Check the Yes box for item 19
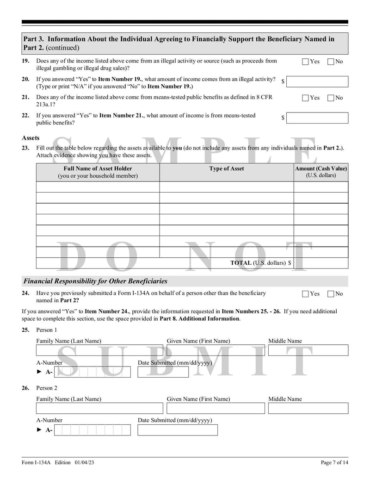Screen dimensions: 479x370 (305, 62)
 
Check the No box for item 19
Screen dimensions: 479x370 (331, 62)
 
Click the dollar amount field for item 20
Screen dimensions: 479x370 (317, 81)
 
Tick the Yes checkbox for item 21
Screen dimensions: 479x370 (305, 98)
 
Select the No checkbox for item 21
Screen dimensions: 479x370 (331, 98)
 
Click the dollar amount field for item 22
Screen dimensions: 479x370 (317, 118)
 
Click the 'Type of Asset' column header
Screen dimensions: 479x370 (227, 169)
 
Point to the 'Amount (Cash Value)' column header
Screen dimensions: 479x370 (321, 172)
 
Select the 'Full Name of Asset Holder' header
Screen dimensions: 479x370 (98, 172)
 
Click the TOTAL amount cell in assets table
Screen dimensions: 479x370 (321, 263)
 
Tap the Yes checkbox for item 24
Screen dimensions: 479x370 (305, 294)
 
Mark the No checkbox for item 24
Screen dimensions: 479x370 (331, 294)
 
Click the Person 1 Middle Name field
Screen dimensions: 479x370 (308, 350)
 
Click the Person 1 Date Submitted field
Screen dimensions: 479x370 (163, 372)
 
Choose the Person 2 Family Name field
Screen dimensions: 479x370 (99, 408)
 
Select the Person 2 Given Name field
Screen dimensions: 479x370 (216, 408)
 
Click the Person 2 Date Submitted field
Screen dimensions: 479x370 (177, 430)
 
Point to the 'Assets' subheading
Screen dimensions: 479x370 (31, 138)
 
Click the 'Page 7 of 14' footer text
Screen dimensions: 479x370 (334, 462)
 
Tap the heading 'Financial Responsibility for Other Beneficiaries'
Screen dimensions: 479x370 (95, 281)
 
